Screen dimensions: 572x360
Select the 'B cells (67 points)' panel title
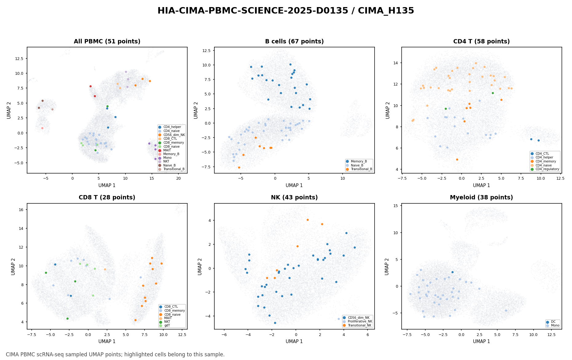[x=294, y=42]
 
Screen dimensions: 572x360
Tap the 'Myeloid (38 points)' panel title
[x=481, y=198]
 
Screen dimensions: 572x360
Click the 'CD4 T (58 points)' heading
[x=481, y=42]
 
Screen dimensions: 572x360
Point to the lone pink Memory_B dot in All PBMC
[x=42, y=128]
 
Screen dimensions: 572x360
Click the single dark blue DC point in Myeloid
[x=452, y=272]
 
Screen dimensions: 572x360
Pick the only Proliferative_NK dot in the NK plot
[x=339, y=319]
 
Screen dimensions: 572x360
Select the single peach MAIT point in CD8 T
[x=105, y=269]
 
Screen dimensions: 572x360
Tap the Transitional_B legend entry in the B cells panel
[x=359, y=169]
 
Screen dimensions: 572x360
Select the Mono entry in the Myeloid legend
[x=553, y=325]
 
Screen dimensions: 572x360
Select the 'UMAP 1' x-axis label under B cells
[x=294, y=186]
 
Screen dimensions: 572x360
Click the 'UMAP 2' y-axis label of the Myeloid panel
[x=387, y=266]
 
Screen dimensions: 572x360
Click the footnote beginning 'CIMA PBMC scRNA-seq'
[x=115, y=354]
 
